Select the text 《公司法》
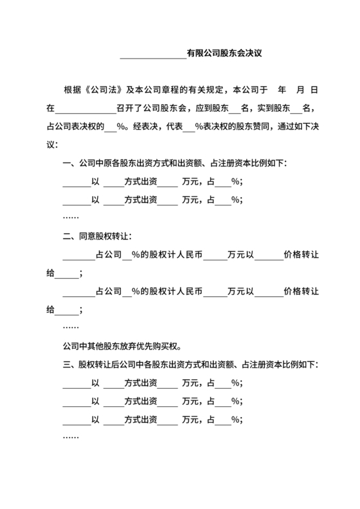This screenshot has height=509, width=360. (104, 87)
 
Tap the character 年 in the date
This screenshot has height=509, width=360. (282, 87)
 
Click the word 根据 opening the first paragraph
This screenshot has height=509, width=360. (71, 87)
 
